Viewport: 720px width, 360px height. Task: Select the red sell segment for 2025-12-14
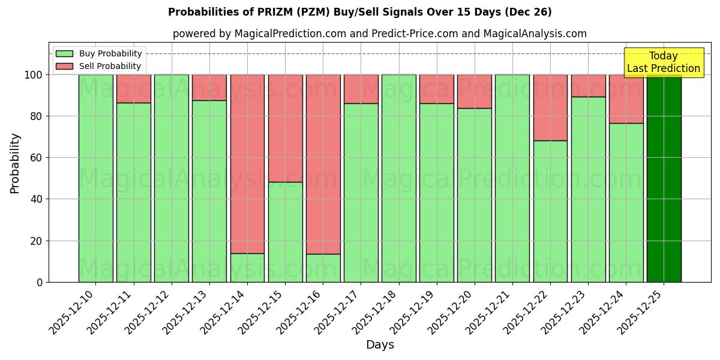(247, 163)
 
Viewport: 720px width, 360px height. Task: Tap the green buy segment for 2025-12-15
(285, 232)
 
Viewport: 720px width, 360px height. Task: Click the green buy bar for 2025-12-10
(95, 178)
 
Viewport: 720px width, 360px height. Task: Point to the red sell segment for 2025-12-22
(550, 107)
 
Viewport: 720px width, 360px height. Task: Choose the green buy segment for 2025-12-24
(626, 202)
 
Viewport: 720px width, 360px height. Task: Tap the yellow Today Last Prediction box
(663, 62)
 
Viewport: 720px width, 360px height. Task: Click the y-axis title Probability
(15, 163)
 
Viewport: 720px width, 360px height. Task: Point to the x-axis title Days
(379, 345)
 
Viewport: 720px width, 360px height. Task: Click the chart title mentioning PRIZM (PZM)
(359, 12)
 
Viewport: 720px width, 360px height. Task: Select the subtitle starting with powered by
(379, 34)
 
